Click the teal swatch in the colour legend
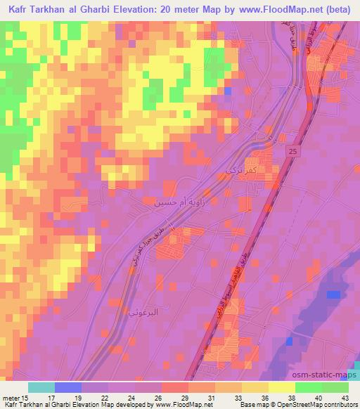41,387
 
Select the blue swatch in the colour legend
68,387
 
